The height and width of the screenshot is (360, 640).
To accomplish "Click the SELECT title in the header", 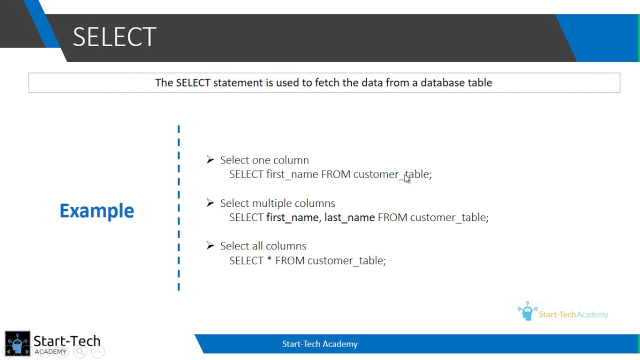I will (x=114, y=37).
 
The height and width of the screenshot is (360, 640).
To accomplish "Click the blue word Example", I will (x=96, y=210).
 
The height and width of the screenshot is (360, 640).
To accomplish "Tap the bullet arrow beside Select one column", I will (x=210, y=159).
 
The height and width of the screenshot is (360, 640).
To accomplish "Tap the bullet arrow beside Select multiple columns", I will (x=210, y=202).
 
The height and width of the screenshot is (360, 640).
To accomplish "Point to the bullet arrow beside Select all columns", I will (x=210, y=245).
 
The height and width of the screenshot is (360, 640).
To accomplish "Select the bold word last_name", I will (x=349, y=217).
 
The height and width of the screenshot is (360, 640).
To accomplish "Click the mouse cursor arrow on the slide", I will (x=406, y=178).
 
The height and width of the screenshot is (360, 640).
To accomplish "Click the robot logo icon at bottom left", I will (x=17, y=343).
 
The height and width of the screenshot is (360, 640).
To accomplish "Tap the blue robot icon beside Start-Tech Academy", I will (x=527, y=311).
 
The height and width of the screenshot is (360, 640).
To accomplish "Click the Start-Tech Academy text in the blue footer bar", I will (x=319, y=344).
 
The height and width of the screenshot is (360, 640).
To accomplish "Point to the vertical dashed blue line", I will (x=178, y=208).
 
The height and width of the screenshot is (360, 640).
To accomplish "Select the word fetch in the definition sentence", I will (x=327, y=82).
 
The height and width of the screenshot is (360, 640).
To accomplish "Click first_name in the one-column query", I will (x=292, y=174).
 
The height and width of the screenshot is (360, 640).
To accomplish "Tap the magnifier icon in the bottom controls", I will (x=80, y=352).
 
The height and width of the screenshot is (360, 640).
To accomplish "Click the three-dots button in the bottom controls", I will (x=98, y=352).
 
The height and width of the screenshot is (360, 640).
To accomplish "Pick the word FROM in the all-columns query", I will (x=290, y=260).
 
